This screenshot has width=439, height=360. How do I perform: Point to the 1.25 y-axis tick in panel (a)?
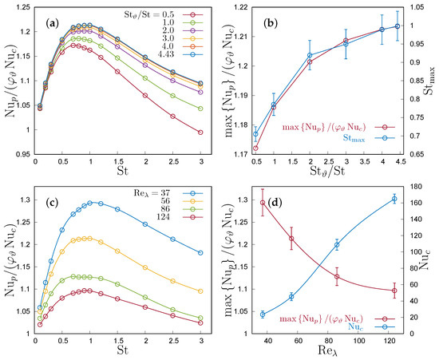click(20, 7)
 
